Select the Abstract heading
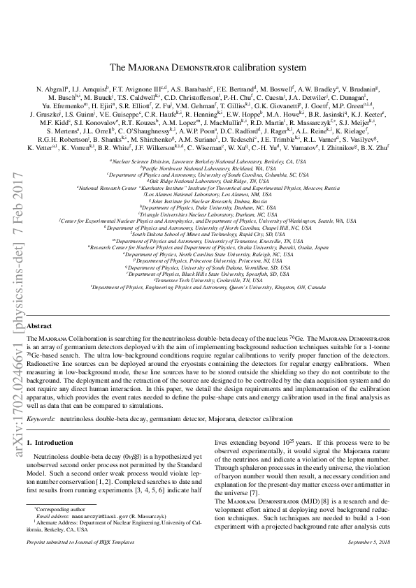39,326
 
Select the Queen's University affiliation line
207,307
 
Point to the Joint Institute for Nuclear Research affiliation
207,201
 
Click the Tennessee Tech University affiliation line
207,300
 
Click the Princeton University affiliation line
207,279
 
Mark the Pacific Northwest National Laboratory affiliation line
207,168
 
